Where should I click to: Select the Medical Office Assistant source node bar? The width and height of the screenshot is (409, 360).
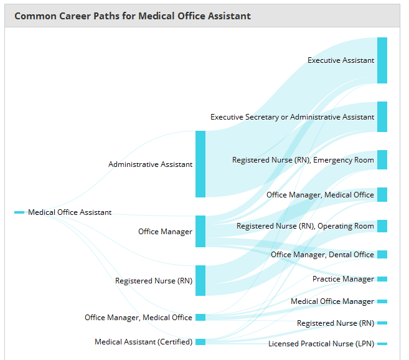(x=19, y=212)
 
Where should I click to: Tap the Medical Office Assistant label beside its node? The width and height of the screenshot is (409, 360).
(x=70, y=212)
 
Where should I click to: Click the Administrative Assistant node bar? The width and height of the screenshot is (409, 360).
(x=200, y=164)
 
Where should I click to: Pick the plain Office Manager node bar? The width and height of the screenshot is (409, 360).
(x=200, y=231)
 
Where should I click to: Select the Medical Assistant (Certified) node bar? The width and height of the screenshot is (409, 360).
(x=200, y=342)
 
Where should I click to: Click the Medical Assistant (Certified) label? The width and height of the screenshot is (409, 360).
(x=143, y=342)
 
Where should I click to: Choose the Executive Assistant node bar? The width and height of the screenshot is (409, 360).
(x=382, y=60)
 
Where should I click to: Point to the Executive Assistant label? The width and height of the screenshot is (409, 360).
(x=341, y=60)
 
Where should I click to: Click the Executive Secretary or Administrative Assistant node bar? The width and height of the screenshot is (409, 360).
(x=382, y=116)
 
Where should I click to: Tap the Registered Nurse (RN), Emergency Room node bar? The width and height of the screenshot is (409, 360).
(x=382, y=160)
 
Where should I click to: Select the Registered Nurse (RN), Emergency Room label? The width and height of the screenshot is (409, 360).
(x=303, y=160)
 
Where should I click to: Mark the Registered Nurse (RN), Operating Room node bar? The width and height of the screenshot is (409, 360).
(x=382, y=226)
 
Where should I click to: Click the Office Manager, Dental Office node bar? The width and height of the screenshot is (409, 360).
(x=382, y=254)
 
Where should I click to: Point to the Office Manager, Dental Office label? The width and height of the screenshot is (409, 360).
(x=322, y=255)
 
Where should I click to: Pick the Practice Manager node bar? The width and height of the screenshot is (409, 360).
(x=382, y=279)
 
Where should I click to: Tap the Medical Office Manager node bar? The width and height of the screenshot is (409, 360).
(x=382, y=301)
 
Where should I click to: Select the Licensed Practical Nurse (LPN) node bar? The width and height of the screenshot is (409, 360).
(x=382, y=344)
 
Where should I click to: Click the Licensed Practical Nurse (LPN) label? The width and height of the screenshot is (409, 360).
(x=321, y=344)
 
